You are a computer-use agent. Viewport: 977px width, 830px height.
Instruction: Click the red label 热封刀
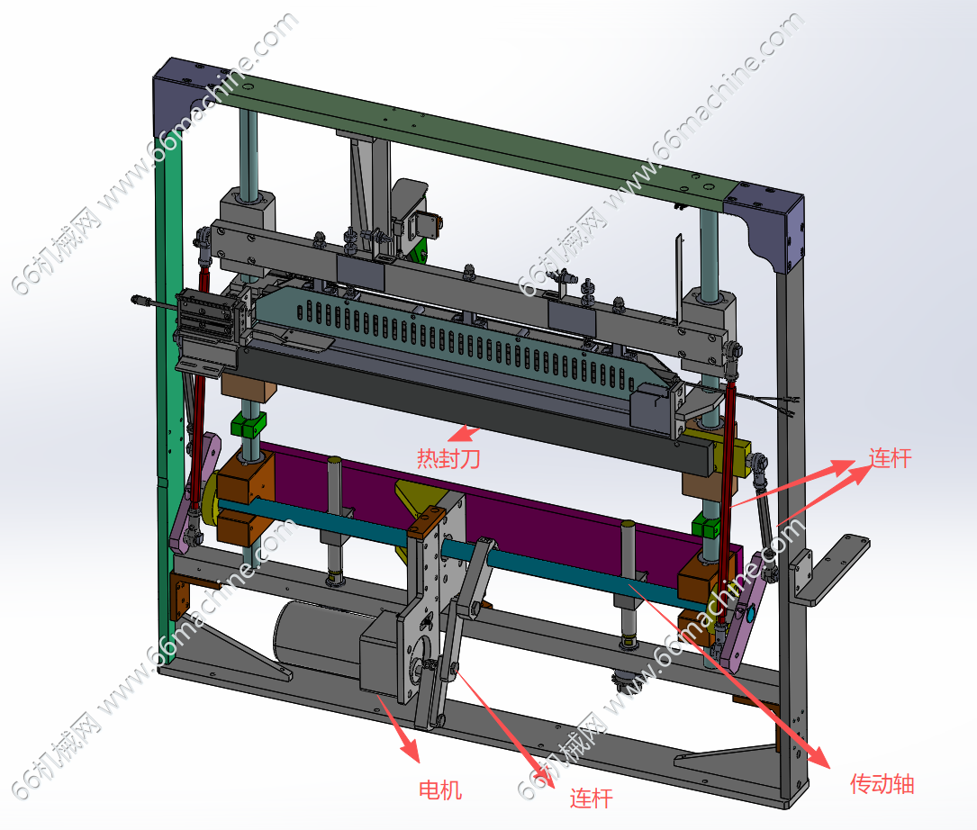click(448, 458)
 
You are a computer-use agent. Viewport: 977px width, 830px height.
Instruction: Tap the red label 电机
click(440, 790)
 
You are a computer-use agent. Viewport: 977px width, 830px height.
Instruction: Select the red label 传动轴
click(882, 783)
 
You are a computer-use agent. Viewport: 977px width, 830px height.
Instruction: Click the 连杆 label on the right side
click(890, 458)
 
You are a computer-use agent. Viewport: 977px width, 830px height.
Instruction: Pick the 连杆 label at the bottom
click(591, 798)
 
